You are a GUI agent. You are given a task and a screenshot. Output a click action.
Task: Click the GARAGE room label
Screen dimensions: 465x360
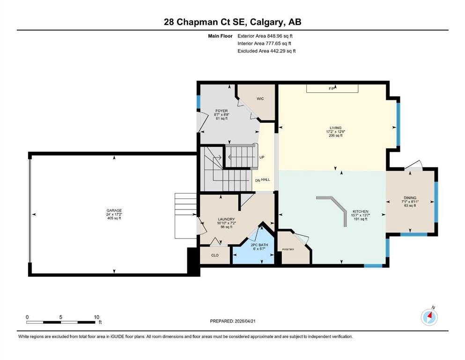click(x=114, y=210)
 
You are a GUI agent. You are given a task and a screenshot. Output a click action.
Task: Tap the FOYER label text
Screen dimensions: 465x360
click(x=221, y=111)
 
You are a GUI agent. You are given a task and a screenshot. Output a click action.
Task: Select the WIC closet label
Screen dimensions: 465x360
click(x=260, y=98)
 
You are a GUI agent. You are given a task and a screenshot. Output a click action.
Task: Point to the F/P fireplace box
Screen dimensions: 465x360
click(x=332, y=89)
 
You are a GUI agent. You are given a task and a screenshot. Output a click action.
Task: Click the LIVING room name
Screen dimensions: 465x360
click(x=336, y=128)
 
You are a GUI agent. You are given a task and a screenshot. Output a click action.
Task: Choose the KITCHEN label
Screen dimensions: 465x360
click(x=360, y=211)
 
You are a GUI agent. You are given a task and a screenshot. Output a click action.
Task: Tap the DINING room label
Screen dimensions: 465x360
click(x=410, y=198)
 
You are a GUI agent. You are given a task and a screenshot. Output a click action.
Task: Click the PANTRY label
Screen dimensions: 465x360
click(x=288, y=249)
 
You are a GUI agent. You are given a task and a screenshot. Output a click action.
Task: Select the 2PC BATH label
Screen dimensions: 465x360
click(x=259, y=245)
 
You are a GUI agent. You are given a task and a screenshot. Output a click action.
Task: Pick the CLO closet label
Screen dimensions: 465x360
click(x=215, y=255)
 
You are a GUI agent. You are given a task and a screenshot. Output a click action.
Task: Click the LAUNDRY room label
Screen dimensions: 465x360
click(x=226, y=219)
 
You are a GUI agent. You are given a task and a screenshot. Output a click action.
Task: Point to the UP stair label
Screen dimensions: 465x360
click(x=262, y=157)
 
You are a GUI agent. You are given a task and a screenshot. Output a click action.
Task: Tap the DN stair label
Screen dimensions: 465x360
click(x=258, y=180)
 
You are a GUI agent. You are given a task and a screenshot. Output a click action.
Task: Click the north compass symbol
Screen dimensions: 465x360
click(x=429, y=317)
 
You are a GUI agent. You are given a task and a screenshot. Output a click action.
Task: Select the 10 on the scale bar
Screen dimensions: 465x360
click(x=96, y=317)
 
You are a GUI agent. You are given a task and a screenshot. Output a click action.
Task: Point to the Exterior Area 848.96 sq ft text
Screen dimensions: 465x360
click(x=265, y=36)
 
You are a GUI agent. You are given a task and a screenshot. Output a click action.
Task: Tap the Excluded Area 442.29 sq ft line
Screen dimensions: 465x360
click(x=266, y=51)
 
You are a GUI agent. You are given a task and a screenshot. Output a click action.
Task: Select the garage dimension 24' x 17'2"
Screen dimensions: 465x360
click(x=114, y=214)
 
